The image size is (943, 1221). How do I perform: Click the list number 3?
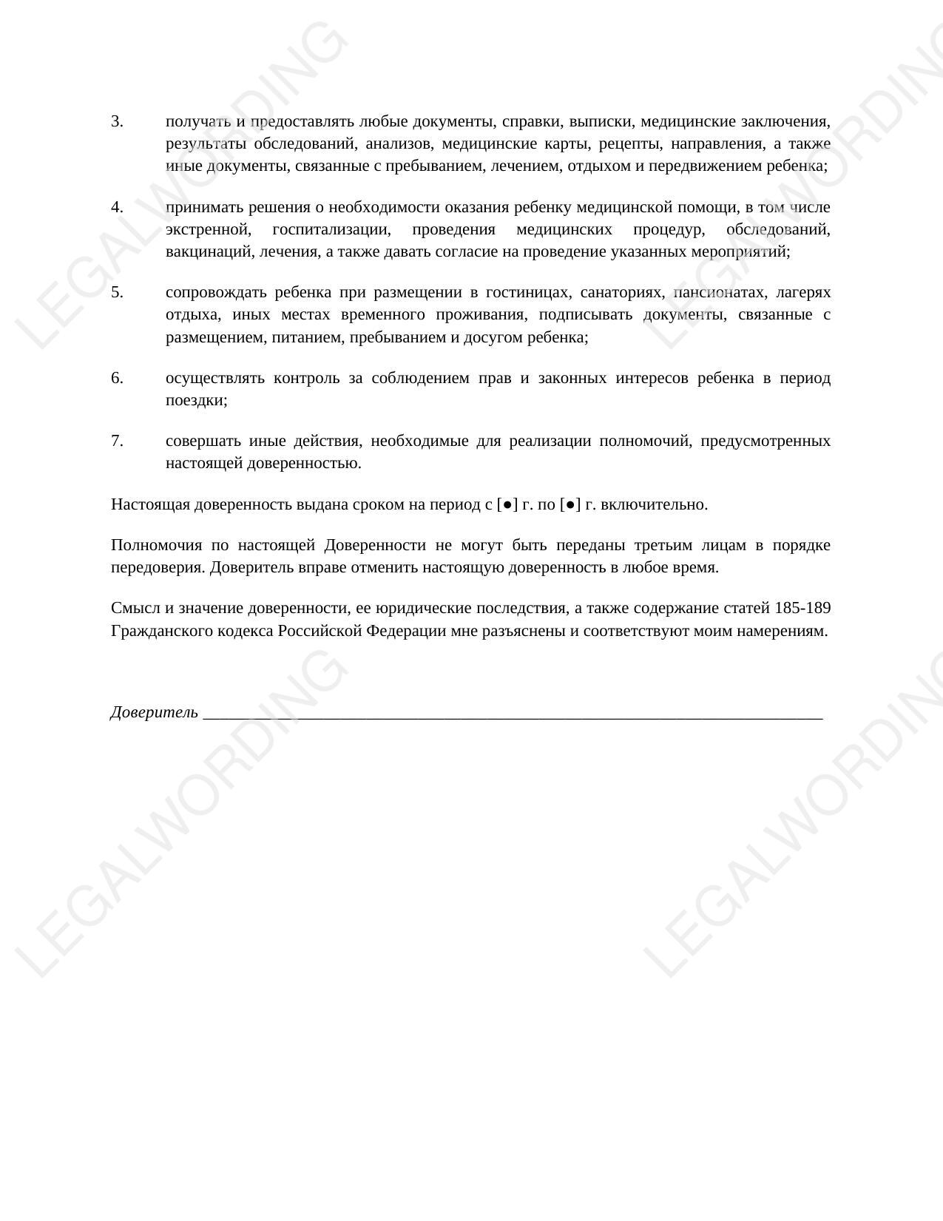117,121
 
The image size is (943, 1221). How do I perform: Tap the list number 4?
117,207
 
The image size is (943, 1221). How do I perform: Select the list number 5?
117,292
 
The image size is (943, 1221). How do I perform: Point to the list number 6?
117,378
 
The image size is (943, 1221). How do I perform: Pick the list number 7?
117,441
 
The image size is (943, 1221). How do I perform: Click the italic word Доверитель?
154,712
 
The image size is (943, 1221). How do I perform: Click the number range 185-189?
802,608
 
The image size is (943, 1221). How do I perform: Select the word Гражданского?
155,631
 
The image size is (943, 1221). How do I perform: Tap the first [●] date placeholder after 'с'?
507,504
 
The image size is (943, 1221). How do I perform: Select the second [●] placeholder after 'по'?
570,504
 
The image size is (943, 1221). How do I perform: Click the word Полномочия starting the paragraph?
156,545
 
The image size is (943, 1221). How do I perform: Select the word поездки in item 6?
196,400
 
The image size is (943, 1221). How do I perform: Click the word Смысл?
135,608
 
